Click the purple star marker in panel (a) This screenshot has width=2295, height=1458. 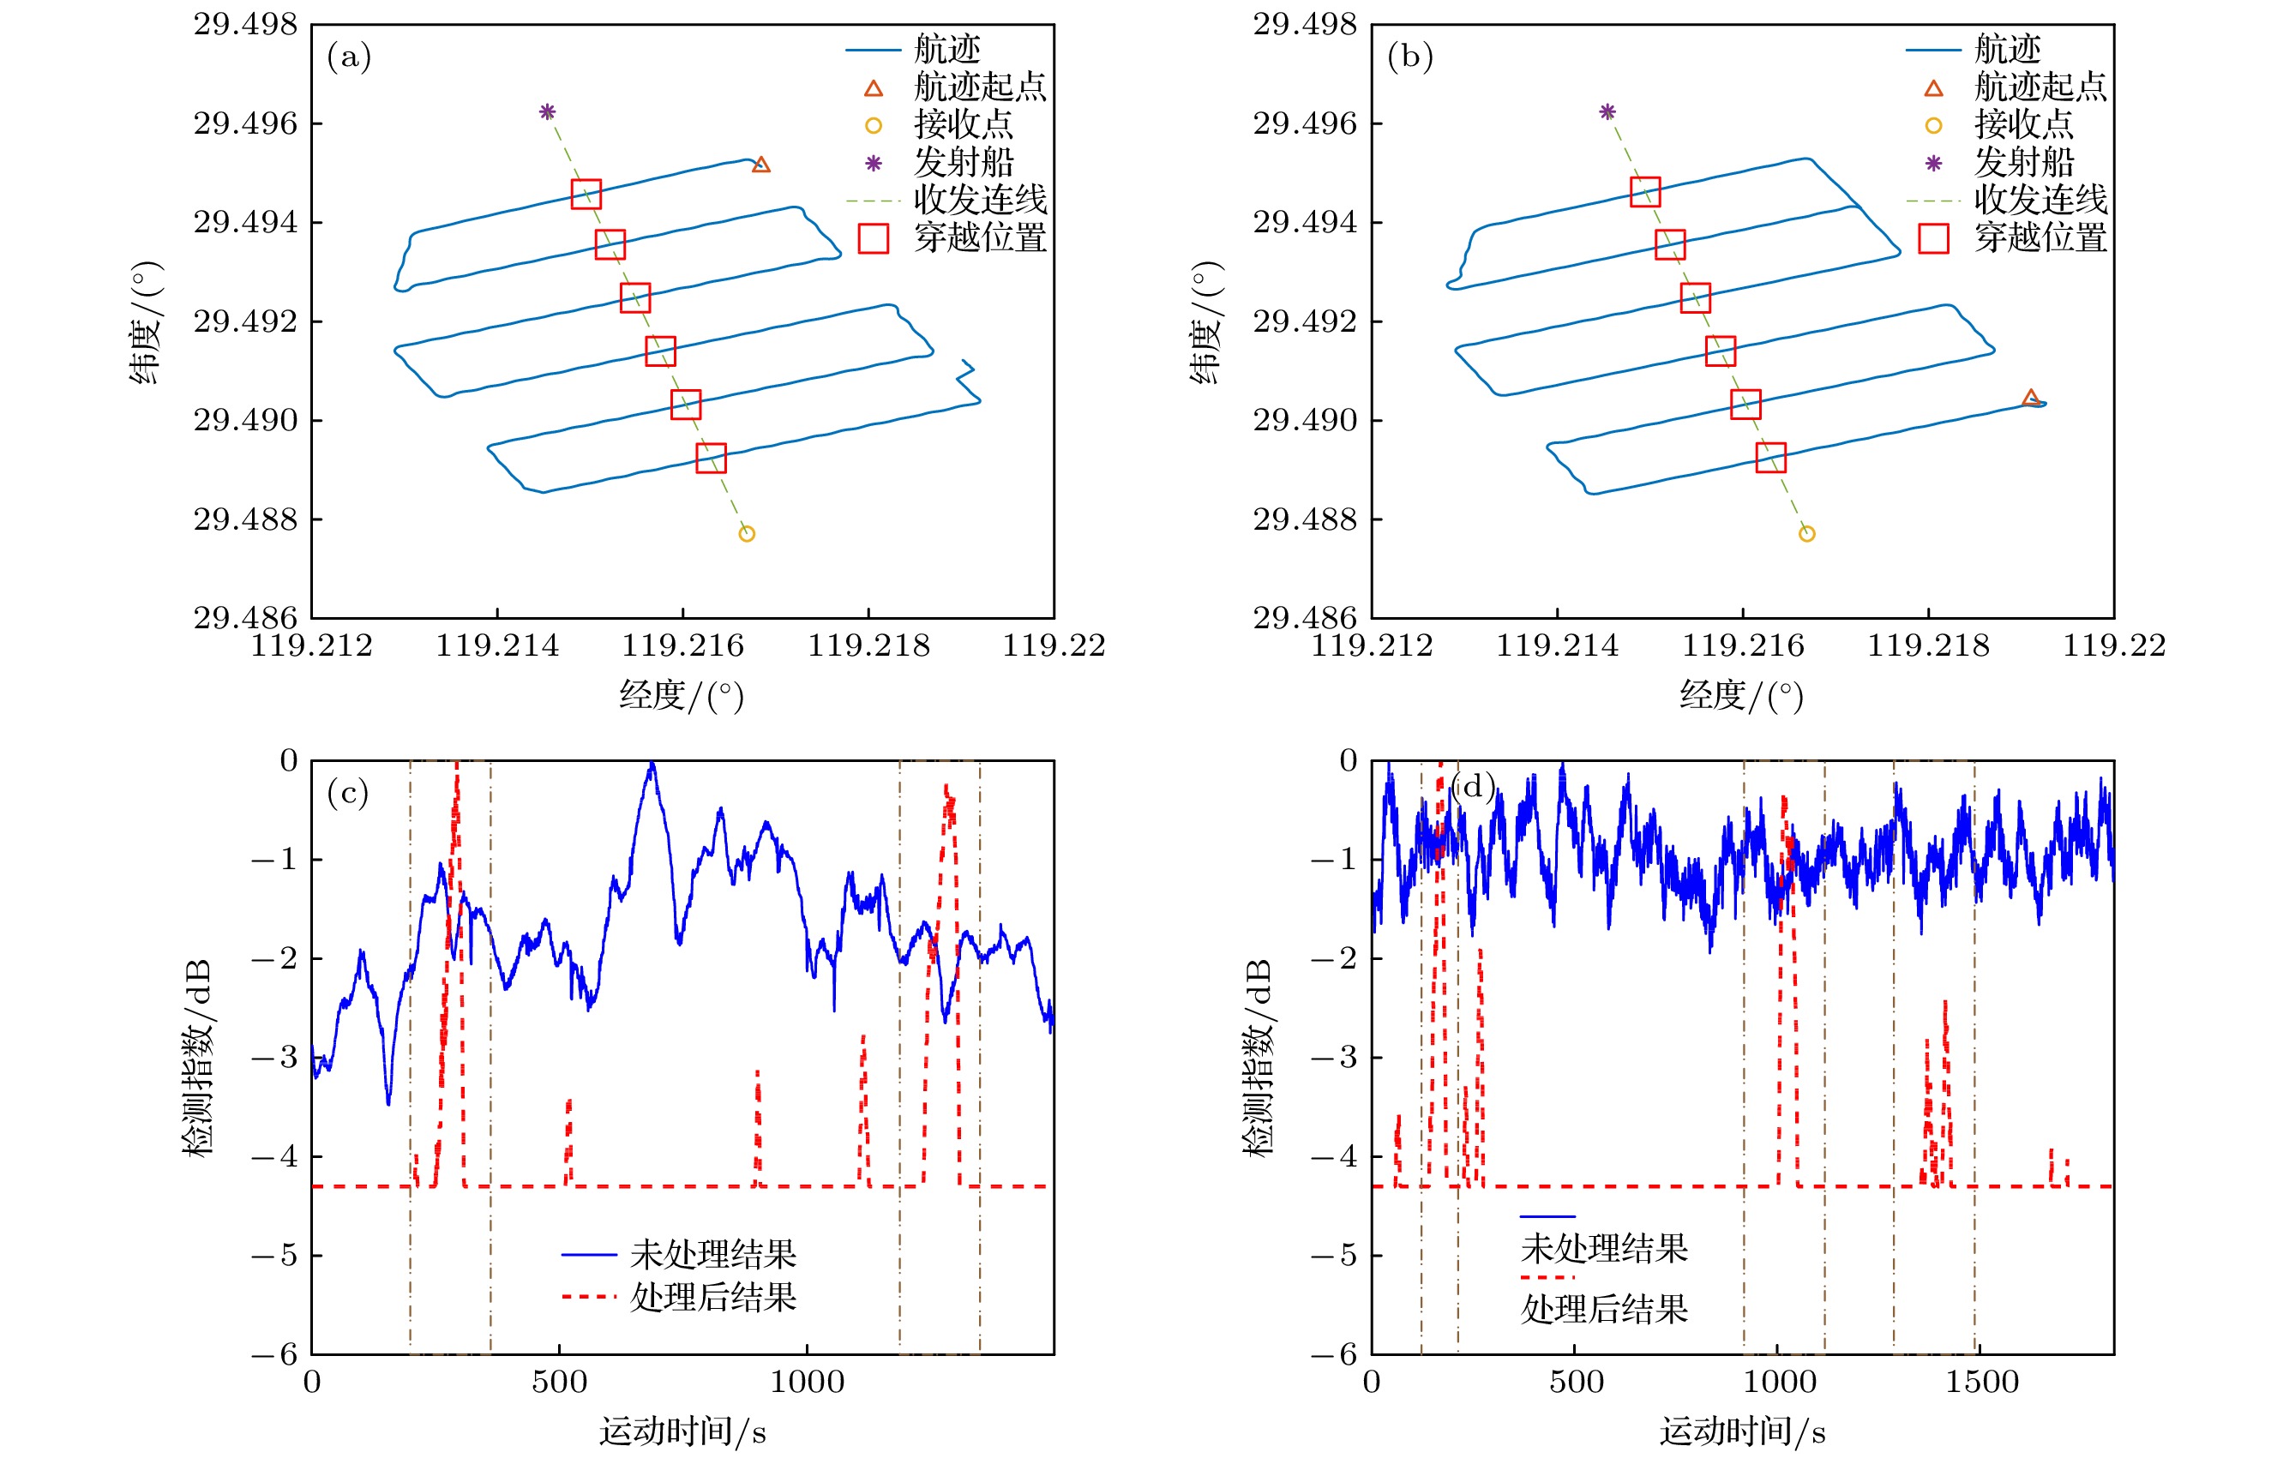click(x=547, y=111)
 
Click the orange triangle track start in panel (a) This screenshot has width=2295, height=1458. click(x=760, y=165)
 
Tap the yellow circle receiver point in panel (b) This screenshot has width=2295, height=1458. click(x=1807, y=534)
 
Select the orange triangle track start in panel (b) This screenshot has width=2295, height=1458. click(x=2031, y=398)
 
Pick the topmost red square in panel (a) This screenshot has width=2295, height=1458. click(x=586, y=195)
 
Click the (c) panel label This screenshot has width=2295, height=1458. click(x=348, y=792)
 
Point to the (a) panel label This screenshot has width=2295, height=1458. click(x=349, y=57)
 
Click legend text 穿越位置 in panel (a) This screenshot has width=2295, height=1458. click(x=980, y=237)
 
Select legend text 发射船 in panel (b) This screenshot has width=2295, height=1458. click(x=2023, y=162)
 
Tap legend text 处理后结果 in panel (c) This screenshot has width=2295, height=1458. click(x=713, y=1297)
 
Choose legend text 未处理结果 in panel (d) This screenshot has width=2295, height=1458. click(x=1604, y=1247)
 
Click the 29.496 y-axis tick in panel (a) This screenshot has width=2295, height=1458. click(x=245, y=124)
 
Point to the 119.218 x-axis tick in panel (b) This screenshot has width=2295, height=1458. click(x=1928, y=646)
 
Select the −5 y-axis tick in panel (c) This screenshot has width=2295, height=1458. click(x=274, y=1255)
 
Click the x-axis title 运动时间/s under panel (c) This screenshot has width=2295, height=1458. click(x=682, y=1431)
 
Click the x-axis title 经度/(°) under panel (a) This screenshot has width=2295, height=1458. click(x=682, y=694)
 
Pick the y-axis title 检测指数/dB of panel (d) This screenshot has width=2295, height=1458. click(x=1257, y=1058)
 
